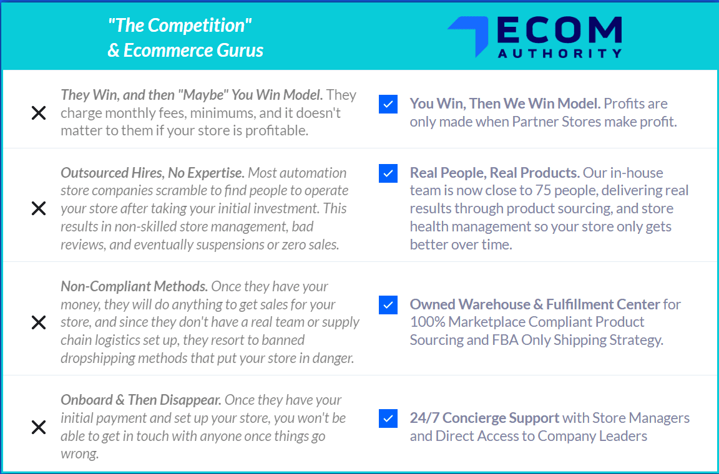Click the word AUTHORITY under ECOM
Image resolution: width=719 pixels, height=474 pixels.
tap(560, 53)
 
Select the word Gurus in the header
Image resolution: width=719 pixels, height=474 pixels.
tap(240, 50)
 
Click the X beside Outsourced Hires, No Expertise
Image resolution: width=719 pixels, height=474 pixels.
tap(39, 208)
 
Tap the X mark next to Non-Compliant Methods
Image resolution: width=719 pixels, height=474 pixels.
tap(39, 322)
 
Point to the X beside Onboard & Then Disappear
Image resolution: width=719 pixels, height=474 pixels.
tap(39, 427)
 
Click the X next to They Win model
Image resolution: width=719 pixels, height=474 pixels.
tap(39, 113)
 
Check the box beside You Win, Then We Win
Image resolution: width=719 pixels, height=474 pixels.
tap(388, 104)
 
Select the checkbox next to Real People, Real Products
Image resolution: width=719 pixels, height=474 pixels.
tap(388, 173)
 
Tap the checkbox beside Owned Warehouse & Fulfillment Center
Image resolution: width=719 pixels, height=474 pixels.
tap(388, 305)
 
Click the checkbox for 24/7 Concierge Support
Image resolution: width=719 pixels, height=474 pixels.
tap(388, 418)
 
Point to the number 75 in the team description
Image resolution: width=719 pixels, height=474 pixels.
tap(544, 190)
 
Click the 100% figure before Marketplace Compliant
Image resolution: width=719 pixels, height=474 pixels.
tap(428, 322)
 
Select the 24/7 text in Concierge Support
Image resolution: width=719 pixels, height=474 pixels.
tap(424, 418)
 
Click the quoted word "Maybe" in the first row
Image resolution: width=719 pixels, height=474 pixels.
tap(203, 95)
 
